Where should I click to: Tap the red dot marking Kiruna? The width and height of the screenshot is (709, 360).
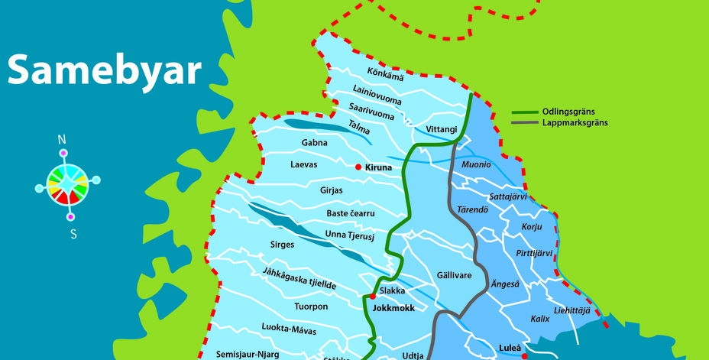(358, 167)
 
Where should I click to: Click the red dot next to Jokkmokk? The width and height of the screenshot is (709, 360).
(373, 296)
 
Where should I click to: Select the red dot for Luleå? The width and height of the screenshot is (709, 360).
(524, 355)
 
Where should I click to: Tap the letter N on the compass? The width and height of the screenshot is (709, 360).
(63, 140)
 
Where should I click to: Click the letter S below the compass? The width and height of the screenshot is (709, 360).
(73, 235)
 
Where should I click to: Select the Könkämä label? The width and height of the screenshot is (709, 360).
(385, 73)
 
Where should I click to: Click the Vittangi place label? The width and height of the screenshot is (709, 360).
(442, 130)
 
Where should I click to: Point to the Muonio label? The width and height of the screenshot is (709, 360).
(476, 164)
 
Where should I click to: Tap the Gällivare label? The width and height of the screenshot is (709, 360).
(454, 275)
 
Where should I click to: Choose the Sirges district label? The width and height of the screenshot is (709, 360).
(282, 245)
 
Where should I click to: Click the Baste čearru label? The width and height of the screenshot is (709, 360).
(351, 213)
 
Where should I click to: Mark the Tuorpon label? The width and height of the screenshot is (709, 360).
(311, 306)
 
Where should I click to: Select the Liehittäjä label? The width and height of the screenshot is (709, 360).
(571, 310)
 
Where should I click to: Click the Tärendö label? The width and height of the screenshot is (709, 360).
(472, 209)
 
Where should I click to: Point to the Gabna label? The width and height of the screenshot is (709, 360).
(314, 143)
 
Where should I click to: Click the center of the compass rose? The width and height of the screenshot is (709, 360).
(68, 184)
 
